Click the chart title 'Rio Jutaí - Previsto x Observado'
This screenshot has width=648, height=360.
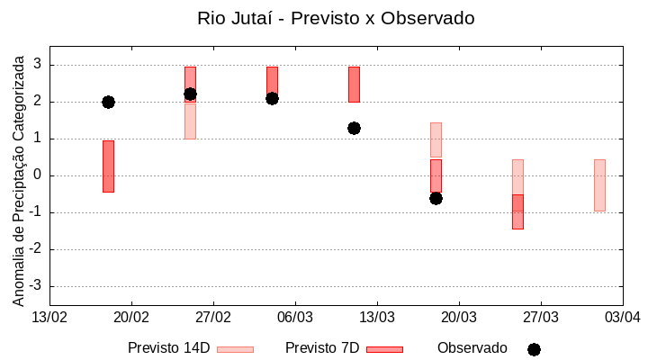(336, 18)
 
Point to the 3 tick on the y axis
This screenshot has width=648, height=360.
(38, 65)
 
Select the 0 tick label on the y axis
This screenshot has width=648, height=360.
(38, 175)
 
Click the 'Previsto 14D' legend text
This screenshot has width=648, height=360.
(168, 348)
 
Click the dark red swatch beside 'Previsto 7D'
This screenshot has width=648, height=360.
(384, 349)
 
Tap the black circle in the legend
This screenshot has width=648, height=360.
(534, 349)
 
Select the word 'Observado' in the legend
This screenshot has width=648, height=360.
(472, 348)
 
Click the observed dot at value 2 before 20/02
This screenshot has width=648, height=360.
(108, 102)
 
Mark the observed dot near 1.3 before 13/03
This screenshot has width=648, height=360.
(354, 128)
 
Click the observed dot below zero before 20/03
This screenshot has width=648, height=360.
(436, 198)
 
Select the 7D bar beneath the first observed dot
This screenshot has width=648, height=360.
(108, 166)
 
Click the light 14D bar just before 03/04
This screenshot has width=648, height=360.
(599, 185)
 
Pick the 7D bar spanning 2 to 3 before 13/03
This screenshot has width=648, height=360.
(354, 84)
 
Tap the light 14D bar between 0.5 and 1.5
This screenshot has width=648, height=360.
(436, 139)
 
